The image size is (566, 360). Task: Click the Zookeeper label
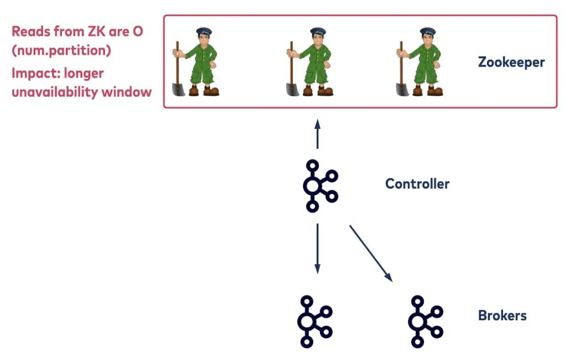coord(511,62)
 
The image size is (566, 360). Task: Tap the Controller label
coord(417,184)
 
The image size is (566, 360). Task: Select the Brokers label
coord(502,316)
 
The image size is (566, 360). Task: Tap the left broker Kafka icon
coord(315,321)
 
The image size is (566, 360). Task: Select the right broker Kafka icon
coord(424,321)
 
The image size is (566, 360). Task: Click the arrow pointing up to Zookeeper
coord(317,133)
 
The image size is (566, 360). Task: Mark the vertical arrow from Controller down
coord(317,248)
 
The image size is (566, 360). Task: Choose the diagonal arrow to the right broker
coord(371,253)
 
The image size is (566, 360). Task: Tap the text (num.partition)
coord(61,50)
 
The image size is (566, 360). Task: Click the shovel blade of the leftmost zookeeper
coord(178,88)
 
